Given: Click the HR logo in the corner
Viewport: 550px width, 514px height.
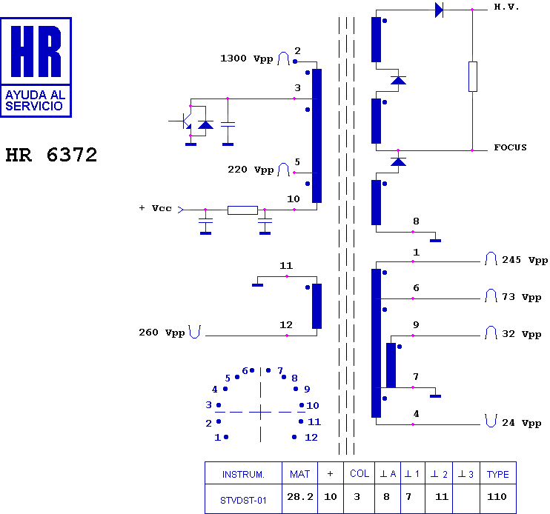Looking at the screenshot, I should [x=36, y=67].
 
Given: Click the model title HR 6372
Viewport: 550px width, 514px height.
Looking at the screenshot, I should [x=50, y=155].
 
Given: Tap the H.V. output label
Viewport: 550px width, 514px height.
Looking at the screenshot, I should [x=507, y=7].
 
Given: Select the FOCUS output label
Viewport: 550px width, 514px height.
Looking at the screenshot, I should [x=510, y=147].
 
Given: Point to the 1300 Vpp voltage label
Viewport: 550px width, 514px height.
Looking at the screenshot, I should [x=247, y=58].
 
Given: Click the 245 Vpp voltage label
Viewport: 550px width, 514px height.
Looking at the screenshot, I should [x=524, y=260].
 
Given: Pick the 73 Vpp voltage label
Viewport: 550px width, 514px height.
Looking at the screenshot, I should [x=521, y=297].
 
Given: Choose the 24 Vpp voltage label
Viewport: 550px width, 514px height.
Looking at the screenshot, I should [x=521, y=423].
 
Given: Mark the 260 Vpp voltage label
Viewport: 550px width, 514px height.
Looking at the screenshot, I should [x=162, y=333].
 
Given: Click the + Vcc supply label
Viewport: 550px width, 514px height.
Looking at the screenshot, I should [x=155, y=208].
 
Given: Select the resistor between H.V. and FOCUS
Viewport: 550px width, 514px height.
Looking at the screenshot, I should [x=472, y=76].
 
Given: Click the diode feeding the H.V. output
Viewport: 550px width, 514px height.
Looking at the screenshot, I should [x=439, y=10].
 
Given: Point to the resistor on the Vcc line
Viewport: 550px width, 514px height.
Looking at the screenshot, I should [x=242, y=210].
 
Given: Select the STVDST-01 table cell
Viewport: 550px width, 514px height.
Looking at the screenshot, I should [x=242, y=499].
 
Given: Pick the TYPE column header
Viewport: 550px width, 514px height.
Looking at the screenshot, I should [x=497, y=474].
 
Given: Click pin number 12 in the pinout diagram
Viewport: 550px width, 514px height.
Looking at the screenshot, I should [x=311, y=438].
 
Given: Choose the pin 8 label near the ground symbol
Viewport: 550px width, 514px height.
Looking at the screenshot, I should [x=416, y=221].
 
